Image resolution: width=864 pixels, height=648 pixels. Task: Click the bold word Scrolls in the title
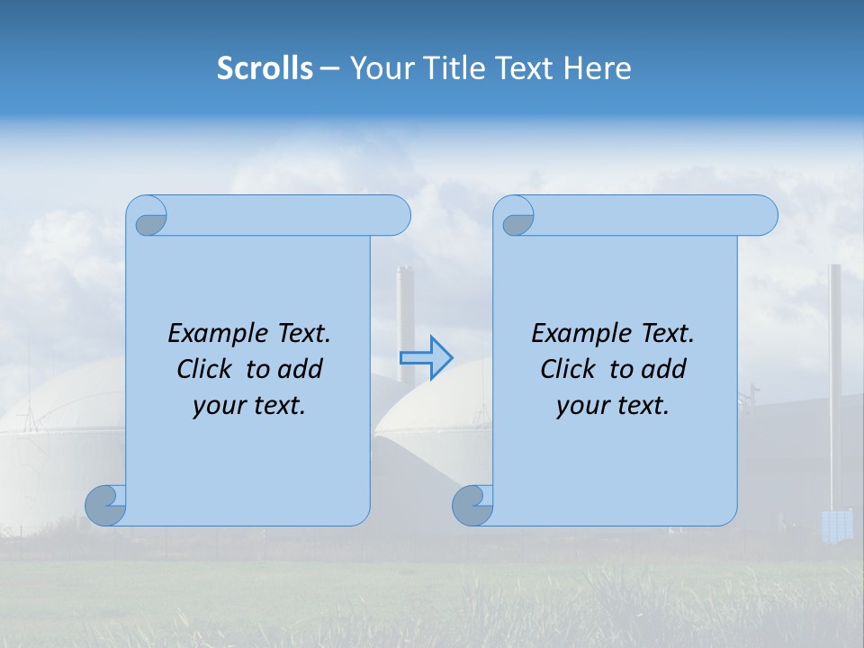coord(265,68)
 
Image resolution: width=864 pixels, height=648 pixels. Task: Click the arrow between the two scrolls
coord(426,357)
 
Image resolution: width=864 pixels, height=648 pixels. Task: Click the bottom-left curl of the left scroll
coord(105,505)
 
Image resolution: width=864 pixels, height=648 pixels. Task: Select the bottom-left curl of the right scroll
coord(472,506)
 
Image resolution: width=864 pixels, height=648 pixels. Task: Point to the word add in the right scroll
coord(662,369)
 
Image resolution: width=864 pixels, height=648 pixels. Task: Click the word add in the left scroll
coord(299,369)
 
